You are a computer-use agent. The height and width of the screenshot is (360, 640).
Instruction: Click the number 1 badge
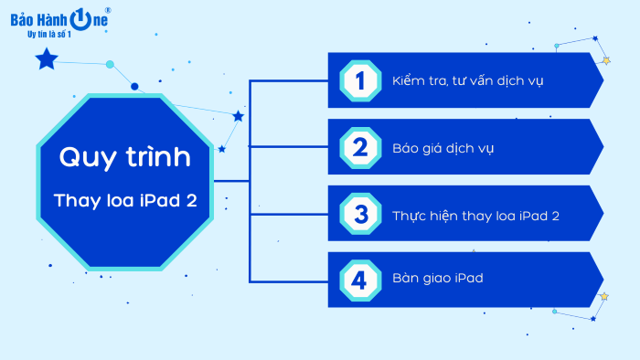click(x=359, y=80)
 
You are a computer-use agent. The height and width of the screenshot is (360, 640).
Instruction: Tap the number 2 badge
click(x=359, y=147)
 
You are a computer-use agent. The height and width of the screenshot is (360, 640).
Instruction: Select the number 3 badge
click(x=359, y=214)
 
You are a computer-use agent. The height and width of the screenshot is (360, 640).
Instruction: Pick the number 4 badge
click(x=359, y=280)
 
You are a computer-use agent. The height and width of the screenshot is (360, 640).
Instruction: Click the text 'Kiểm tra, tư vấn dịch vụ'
click(x=468, y=80)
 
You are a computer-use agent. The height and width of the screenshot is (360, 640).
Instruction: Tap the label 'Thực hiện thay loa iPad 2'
click(x=475, y=214)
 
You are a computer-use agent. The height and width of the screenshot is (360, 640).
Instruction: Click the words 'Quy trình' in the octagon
click(x=124, y=157)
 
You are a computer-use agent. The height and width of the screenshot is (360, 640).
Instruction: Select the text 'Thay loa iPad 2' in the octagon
click(x=124, y=200)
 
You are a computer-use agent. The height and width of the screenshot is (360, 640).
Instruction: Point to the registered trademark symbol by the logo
click(x=108, y=10)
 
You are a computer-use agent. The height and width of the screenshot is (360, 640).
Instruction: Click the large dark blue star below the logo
click(x=46, y=61)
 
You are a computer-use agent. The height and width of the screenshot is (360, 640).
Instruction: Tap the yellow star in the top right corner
click(x=605, y=61)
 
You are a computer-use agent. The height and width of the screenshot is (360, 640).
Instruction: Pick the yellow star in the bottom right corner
click(x=603, y=297)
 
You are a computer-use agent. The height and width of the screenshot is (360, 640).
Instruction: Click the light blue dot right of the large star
click(x=110, y=64)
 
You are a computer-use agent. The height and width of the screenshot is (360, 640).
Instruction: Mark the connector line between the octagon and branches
click(x=231, y=180)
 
